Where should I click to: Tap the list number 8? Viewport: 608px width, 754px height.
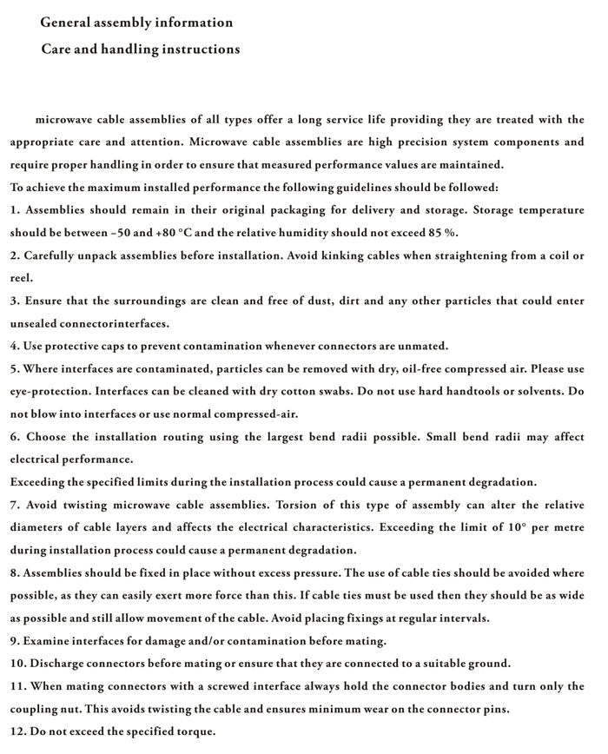(15, 572)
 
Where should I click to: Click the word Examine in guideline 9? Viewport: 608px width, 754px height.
(50, 641)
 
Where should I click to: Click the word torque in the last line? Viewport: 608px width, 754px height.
(194, 731)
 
